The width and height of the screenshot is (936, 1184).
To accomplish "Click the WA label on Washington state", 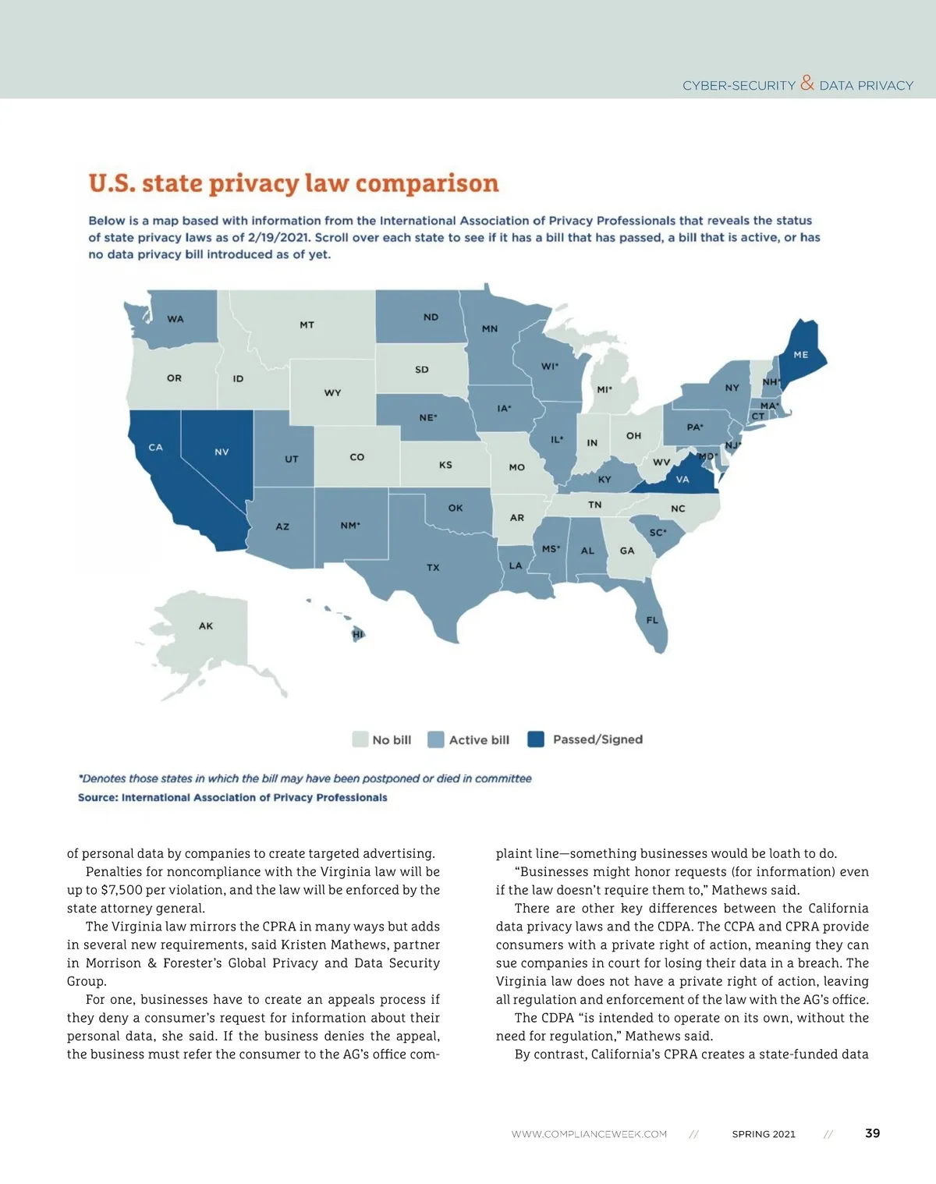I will click(175, 319).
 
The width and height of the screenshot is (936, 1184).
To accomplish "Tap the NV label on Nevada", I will click(222, 452).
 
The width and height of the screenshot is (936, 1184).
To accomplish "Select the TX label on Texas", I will click(433, 568).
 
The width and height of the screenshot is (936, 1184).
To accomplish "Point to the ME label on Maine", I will click(801, 355).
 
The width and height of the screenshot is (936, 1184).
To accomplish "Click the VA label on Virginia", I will click(682, 480).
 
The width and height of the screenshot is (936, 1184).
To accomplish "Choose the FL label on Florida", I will click(652, 620).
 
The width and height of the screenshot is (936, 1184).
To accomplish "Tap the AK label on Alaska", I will click(206, 626).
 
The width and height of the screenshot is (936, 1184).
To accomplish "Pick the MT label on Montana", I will click(307, 324).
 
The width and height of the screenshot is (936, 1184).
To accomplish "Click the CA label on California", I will click(156, 448).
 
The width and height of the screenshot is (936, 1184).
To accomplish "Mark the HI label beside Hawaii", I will click(358, 634).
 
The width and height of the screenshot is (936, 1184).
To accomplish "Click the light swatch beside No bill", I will click(360, 739).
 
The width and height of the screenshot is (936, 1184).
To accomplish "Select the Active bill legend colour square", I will click(436, 739).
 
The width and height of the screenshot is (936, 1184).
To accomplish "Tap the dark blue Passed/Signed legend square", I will click(536, 739).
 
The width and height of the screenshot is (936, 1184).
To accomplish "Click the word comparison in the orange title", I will click(427, 183).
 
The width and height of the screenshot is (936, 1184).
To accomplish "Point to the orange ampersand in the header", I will click(807, 83).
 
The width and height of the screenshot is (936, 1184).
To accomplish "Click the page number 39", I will click(873, 1133).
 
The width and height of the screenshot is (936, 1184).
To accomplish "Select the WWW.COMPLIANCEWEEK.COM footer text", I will click(589, 1134).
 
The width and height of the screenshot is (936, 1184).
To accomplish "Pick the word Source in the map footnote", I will click(97, 797).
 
